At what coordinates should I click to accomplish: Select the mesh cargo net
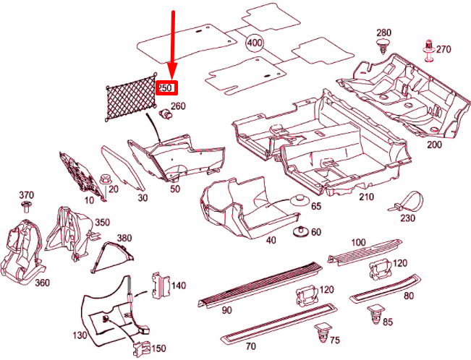[x=130, y=94]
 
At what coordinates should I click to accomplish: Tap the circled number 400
[x=255, y=43]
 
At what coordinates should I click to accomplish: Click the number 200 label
[x=433, y=145]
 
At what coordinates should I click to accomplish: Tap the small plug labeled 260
[x=166, y=114]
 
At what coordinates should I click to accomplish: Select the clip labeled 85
[x=375, y=314]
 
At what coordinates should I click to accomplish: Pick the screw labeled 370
[x=27, y=207]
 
